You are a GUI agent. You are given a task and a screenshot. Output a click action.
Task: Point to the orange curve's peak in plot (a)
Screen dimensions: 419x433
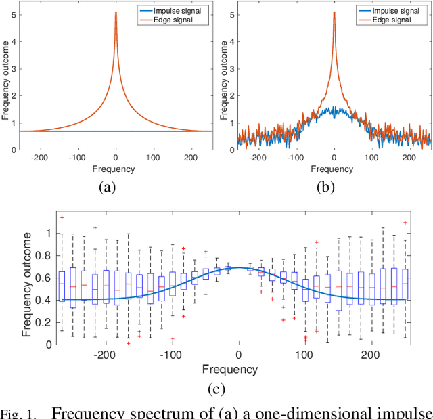point(116,13)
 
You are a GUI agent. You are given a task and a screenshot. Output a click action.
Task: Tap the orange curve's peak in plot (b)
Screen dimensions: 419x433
point(334,13)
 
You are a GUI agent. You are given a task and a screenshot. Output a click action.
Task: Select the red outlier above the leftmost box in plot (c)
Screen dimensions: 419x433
point(62,217)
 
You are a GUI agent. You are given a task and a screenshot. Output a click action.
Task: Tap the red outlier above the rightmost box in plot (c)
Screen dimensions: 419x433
point(405,222)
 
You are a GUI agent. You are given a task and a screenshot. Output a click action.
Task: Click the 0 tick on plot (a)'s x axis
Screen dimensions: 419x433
point(116,156)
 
